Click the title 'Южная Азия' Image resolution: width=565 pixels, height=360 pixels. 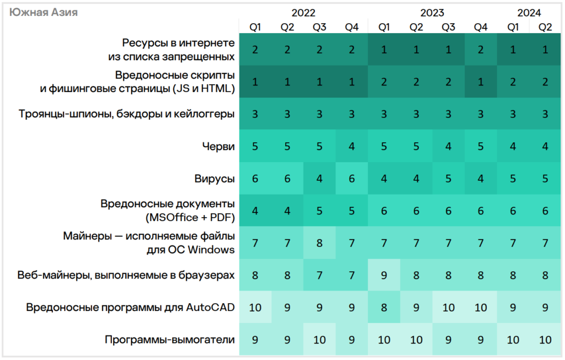44,12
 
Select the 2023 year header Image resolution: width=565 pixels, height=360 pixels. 432,13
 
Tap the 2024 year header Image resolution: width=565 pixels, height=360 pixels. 529,13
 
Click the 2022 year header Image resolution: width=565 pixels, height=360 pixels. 303,13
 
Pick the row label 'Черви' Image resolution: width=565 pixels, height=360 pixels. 218,147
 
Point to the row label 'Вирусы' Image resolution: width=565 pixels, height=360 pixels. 215,179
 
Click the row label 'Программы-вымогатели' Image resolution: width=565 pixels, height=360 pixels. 170,340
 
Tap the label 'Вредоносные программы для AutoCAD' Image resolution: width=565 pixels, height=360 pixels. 131,307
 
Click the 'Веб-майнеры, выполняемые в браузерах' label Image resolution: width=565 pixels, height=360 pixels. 126,275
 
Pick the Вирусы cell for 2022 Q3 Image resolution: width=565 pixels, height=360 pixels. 319,179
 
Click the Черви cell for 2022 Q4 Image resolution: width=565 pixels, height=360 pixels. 351,147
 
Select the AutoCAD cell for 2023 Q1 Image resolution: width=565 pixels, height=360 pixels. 384,307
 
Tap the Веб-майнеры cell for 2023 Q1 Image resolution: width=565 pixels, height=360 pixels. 384,275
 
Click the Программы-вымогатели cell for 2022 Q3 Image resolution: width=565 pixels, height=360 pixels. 319,340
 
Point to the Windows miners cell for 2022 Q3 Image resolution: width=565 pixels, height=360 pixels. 319,243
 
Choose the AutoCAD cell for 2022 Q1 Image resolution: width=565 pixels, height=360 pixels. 255,307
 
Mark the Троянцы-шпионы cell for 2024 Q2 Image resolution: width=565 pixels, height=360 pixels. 545,114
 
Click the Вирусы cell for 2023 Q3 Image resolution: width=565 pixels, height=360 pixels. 449,179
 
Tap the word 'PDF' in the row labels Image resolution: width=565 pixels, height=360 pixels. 221,218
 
